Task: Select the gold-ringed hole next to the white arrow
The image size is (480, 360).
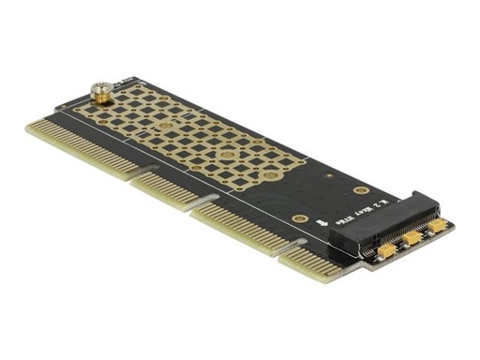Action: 301,218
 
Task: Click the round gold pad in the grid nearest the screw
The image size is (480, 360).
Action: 139,98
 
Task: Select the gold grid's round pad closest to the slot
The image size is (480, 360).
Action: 272,175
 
